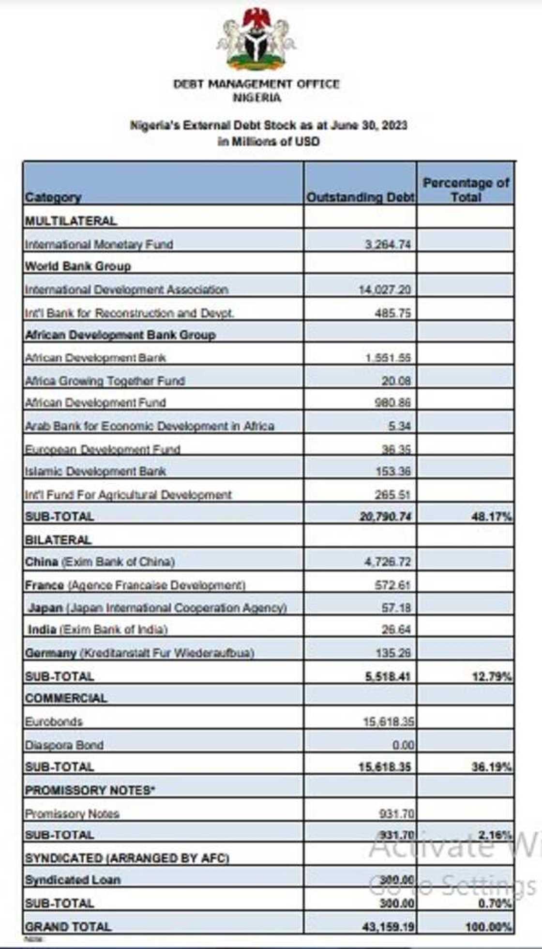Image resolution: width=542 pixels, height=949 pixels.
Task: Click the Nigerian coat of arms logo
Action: pos(256,40)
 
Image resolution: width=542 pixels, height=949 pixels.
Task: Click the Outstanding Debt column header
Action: pos(360,197)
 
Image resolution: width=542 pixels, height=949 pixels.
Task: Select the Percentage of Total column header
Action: pos(466,190)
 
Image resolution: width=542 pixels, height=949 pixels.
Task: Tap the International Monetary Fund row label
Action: pos(99,244)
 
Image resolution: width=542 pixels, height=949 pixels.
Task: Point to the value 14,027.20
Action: pos(385,290)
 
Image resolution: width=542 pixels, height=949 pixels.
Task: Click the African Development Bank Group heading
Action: pos(120,335)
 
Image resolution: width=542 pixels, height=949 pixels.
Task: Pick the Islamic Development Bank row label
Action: pos(95,471)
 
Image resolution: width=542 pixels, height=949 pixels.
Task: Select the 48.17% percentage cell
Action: pos(491,517)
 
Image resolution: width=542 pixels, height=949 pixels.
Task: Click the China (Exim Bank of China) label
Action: pos(100,562)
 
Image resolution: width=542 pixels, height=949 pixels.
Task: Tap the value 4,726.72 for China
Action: pos(387,562)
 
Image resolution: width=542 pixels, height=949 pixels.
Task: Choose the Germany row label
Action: pos(139,653)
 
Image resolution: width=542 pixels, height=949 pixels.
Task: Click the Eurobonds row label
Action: pos(54,721)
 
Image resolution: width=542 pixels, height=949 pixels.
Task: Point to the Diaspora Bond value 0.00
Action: pos(403,745)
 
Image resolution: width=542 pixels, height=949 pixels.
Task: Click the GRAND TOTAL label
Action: pos(68,927)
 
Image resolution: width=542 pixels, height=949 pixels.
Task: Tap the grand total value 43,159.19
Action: pos(388,927)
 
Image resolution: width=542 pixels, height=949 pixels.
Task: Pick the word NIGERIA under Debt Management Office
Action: pos(256,98)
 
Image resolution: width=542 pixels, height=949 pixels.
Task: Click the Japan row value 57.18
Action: pos(396,607)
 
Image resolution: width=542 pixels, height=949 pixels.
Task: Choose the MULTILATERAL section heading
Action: pos(71,221)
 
